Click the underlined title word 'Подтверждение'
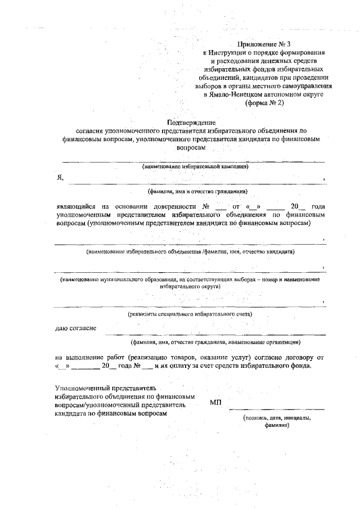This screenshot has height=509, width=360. click(192, 122)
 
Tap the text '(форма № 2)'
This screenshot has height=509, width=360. click(264, 103)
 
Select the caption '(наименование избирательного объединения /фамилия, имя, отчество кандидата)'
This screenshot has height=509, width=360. click(191, 252)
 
